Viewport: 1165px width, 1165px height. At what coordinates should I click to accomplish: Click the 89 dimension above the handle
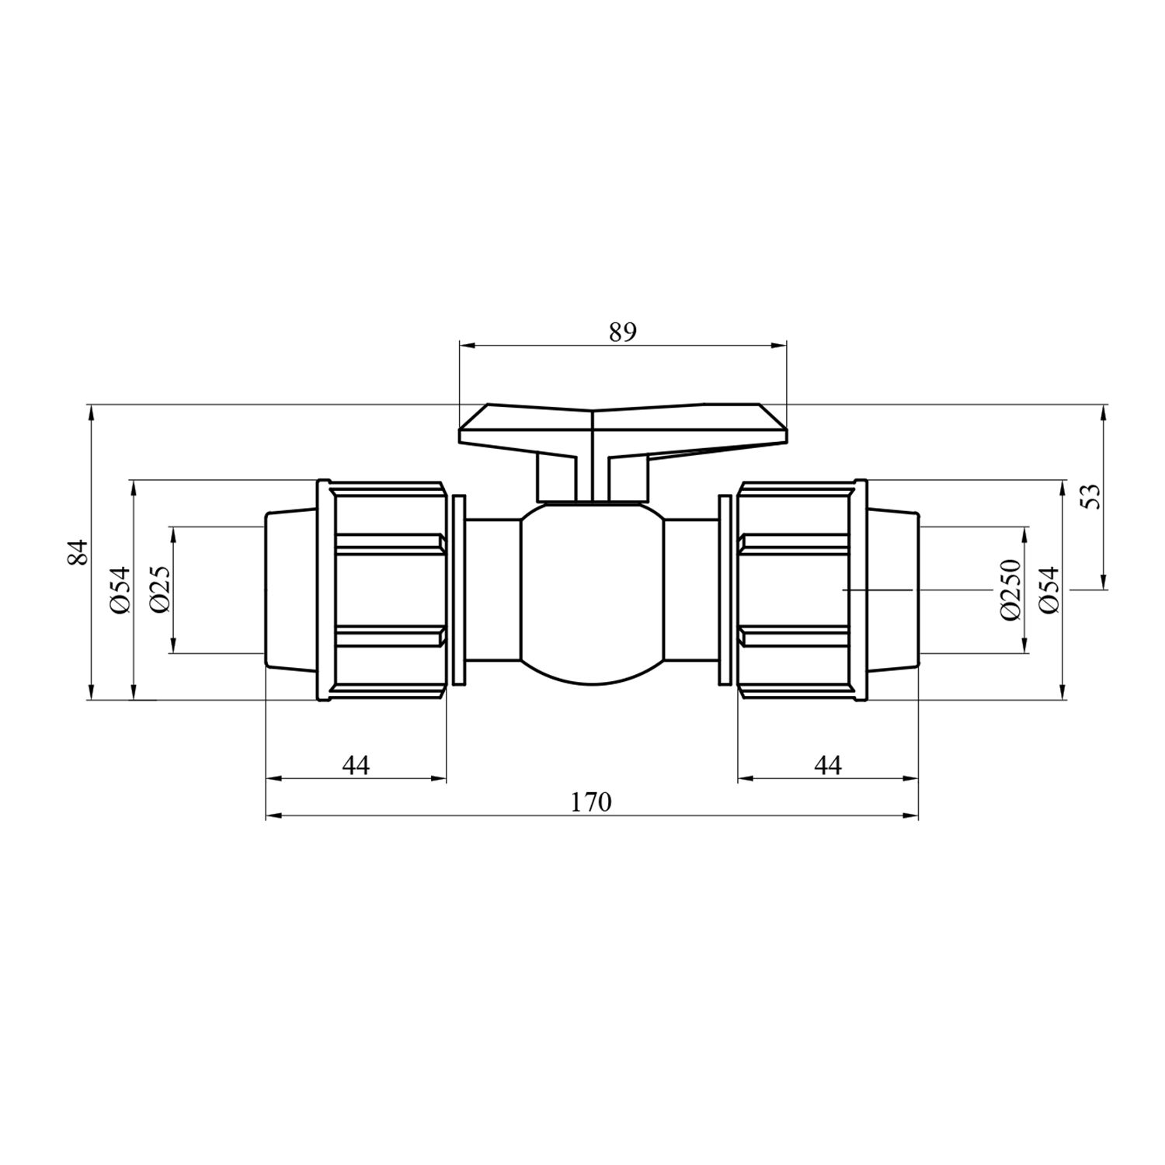pos(622,332)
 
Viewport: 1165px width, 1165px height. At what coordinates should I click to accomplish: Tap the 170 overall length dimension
pos(591,802)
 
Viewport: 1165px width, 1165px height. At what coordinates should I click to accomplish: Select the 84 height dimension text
pos(78,552)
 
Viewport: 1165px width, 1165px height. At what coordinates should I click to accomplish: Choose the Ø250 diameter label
pos(1009,589)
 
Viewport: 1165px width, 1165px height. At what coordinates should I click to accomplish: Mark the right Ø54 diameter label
pos(1049,589)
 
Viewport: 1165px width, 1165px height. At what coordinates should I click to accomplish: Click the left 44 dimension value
pos(356,765)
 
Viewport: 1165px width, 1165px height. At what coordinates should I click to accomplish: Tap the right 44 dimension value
pos(828,765)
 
